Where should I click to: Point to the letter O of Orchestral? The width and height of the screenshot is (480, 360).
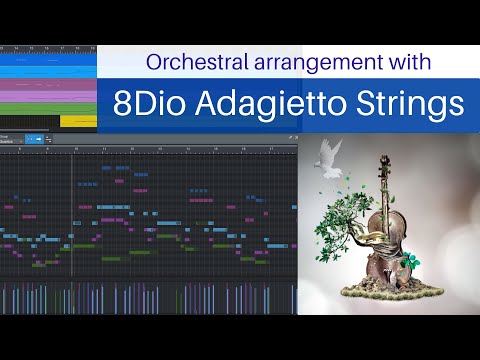[x=153, y=62]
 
